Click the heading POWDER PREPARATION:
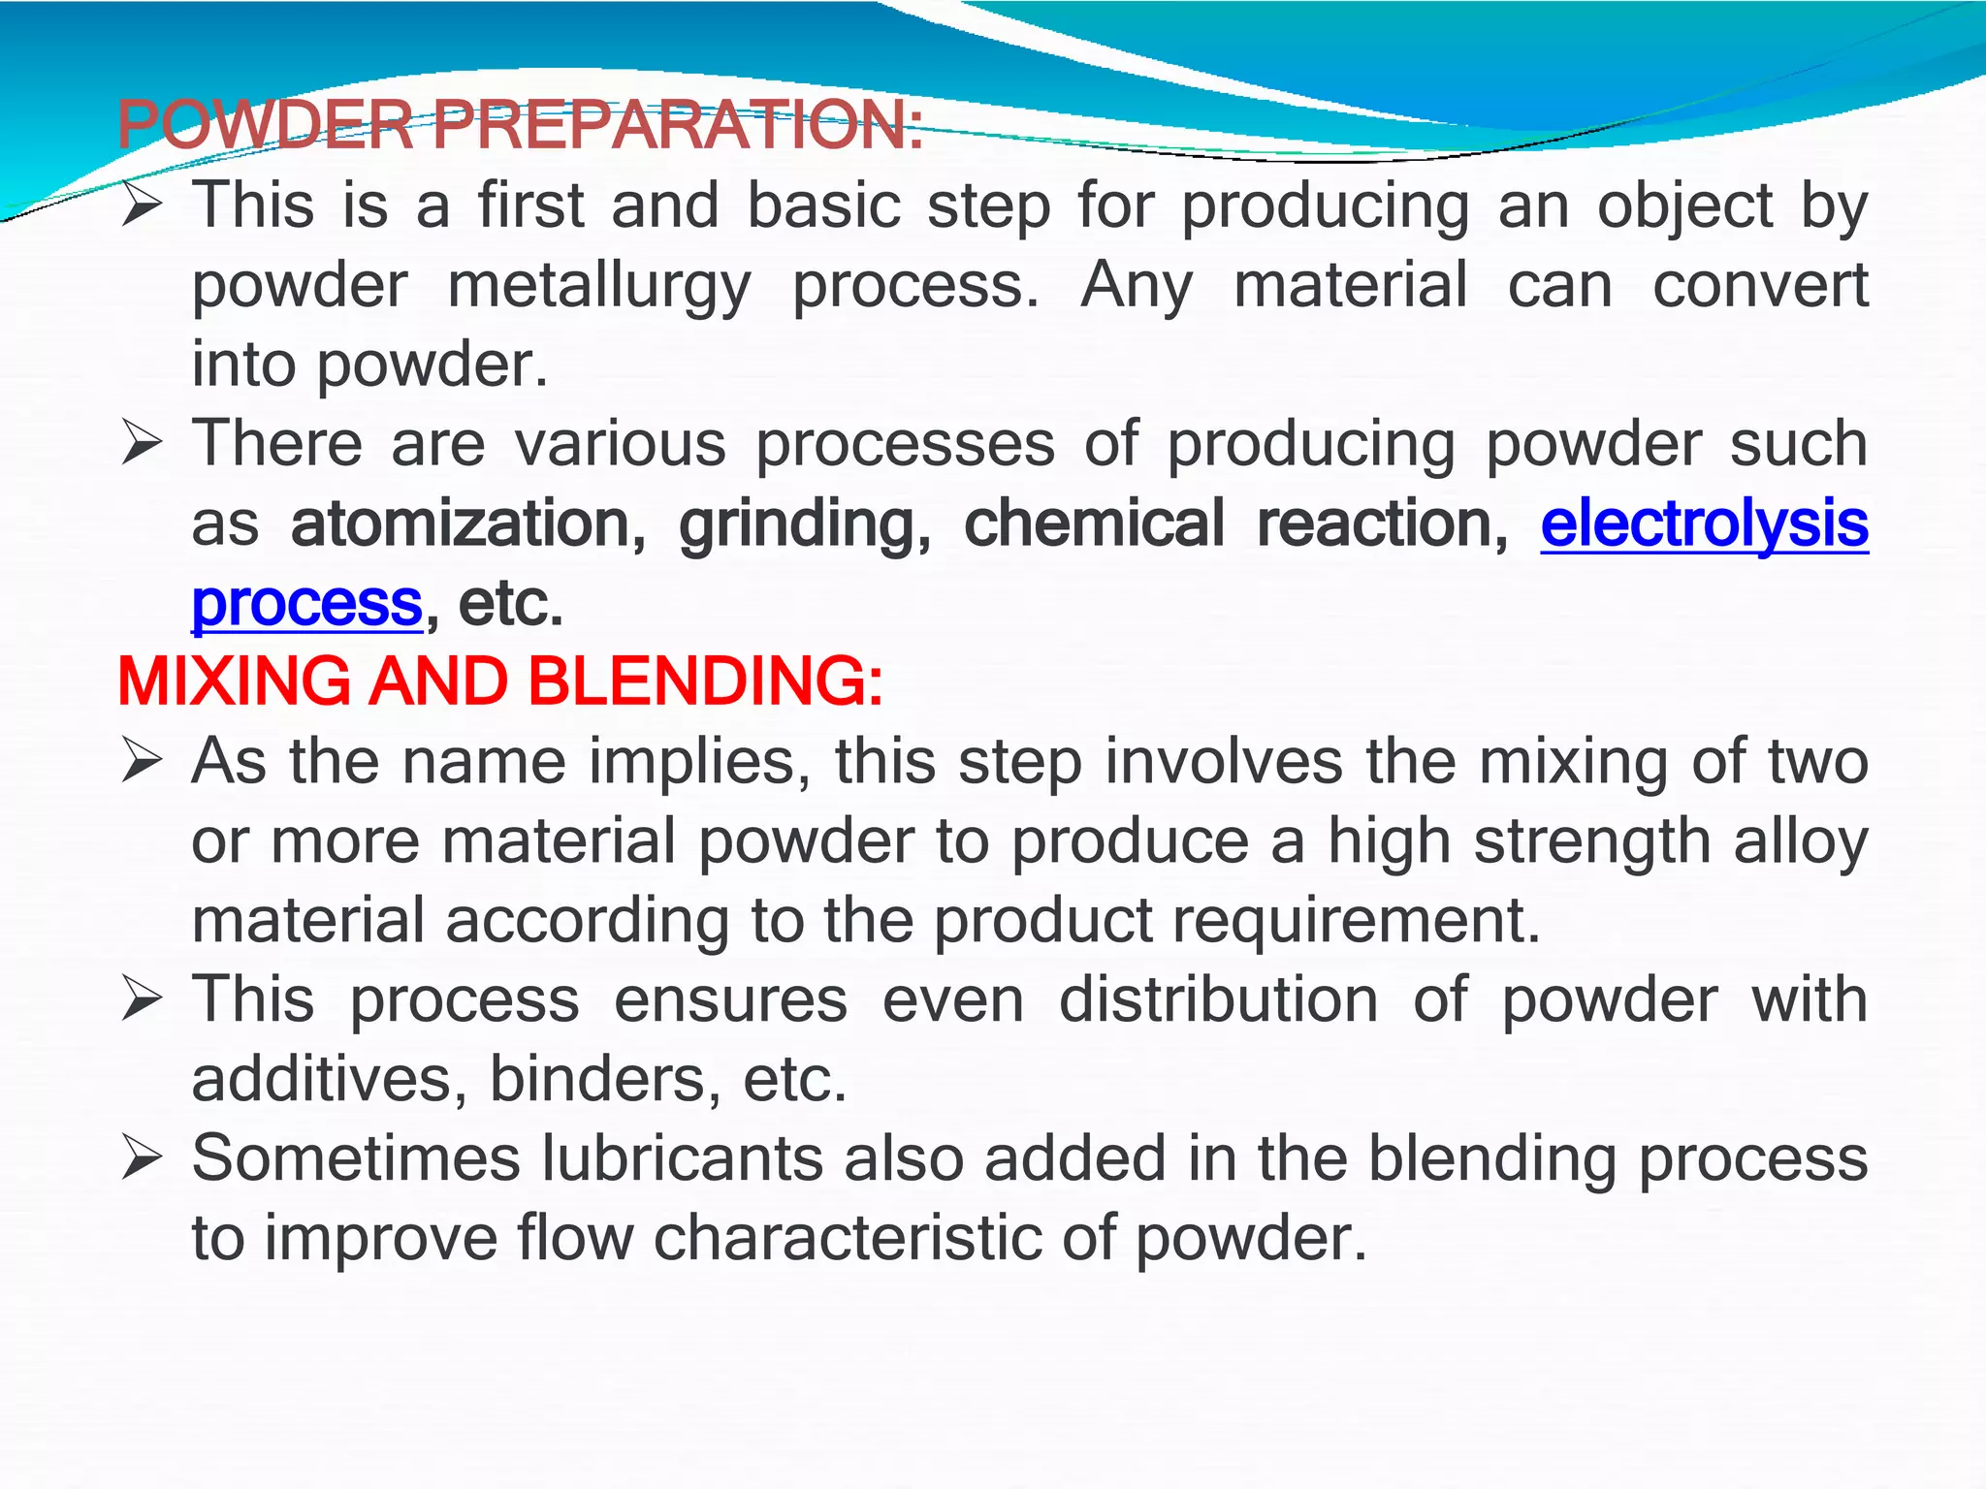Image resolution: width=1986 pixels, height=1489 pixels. click(x=520, y=126)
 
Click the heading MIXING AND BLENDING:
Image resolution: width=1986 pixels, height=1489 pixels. click(x=500, y=681)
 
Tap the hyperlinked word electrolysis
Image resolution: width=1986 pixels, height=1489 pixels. click(x=1704, y=523)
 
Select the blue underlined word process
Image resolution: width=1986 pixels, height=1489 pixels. click(x=306, y=603)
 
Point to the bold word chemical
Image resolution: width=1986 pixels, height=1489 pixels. click(x=1094, y=523)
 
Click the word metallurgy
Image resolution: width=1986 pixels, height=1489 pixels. click(x=599, y=287)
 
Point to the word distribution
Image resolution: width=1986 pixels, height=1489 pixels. click(x=1218, y=998)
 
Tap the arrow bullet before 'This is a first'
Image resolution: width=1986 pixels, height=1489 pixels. click(x=142, y=206)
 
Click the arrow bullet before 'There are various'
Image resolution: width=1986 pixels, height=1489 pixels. click(x=142, y=444)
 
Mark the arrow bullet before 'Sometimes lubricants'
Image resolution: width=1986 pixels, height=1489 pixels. click(x=142, y=1157)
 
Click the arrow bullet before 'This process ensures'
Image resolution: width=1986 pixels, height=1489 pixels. click(x=142, y=999)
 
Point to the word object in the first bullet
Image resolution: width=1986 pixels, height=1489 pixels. click(x=1684, y=207)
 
